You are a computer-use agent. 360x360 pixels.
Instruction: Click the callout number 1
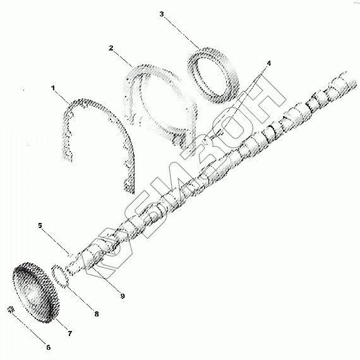(53, 88)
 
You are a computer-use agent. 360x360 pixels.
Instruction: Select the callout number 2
(111, 48)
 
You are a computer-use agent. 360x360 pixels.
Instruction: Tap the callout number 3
(162, 15)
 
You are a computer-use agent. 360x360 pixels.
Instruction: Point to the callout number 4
(268, 63)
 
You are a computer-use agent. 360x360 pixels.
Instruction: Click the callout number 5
(40, 225)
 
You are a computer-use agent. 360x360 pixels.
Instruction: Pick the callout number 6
(48, 347)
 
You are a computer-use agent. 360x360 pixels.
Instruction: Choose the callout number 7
(70, 333)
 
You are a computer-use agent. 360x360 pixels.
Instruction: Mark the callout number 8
(97, 314)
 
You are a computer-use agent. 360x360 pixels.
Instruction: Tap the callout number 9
(123, 296)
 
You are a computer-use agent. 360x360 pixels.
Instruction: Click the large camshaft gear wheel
(36, 292)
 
